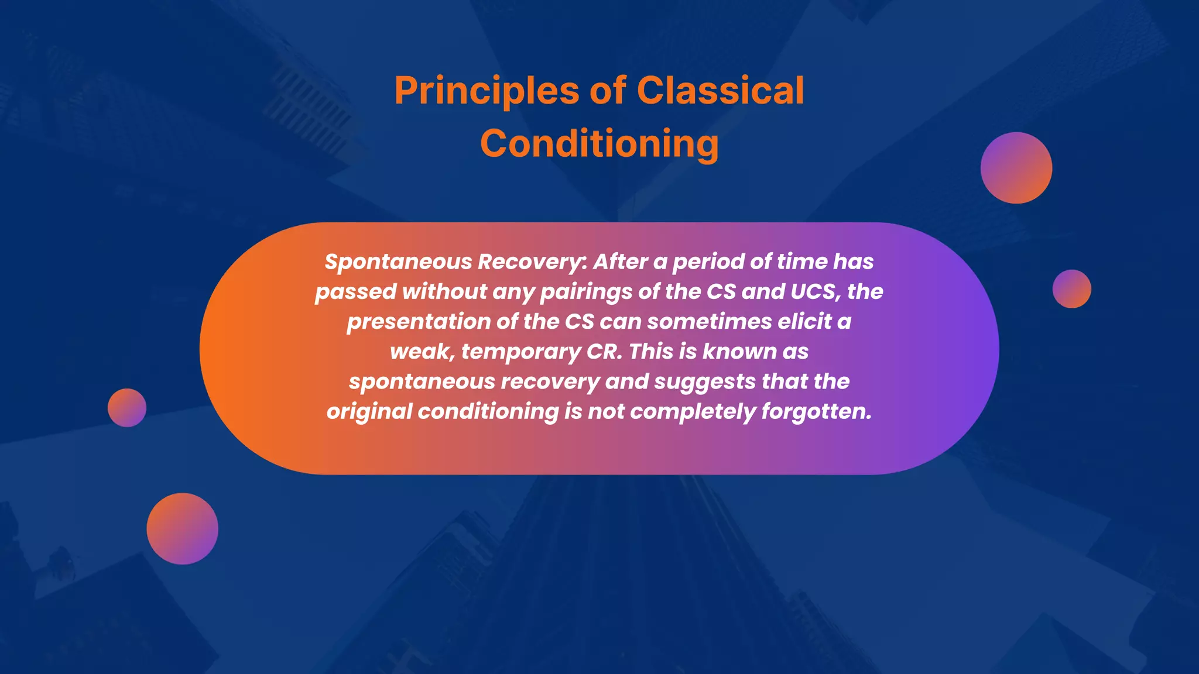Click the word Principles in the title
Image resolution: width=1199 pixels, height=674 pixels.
tap(487, 91)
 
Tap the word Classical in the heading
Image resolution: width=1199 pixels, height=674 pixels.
tap(720, 91)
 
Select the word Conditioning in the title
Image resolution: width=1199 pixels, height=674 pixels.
tap(599, 144)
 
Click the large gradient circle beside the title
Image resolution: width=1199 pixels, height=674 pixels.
tap(1016, 168)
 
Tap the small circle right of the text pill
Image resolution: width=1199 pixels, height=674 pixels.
tap(1071, 288)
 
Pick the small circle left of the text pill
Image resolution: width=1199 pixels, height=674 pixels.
tap(127, 407)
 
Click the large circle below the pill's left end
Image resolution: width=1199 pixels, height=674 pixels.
tap(182, 528)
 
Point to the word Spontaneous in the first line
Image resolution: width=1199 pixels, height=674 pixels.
tap(398, 262)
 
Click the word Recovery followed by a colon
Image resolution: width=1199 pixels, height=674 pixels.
tap(530, 262)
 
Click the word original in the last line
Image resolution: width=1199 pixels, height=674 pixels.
tap(369, 412)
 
